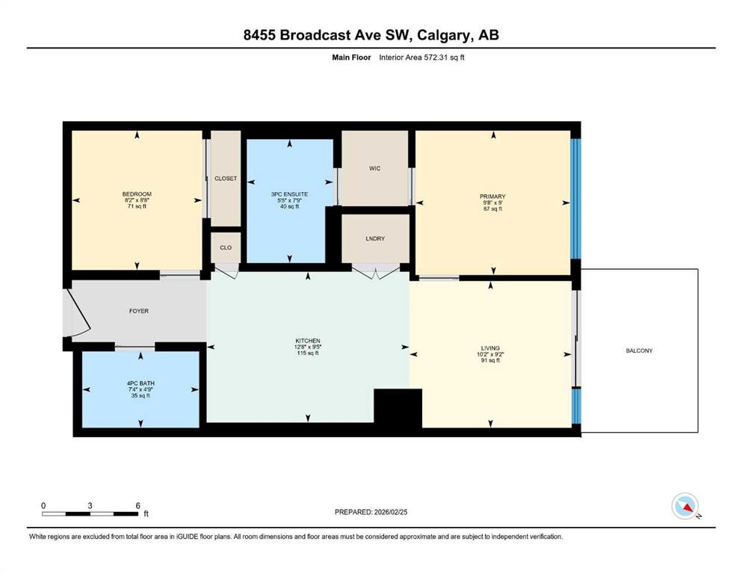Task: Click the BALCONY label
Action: point(639,351)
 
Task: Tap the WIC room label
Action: point(375,168)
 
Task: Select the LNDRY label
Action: point(375,238)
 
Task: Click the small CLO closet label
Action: point(226,247)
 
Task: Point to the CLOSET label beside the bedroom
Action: point(226,179)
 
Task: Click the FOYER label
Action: point(139,311)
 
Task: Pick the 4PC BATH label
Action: point(140,383)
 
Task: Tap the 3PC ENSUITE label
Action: point(289,194)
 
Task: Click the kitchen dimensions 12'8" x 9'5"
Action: point(308,347)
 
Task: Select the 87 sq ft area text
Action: point(492,209)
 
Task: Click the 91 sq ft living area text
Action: point(490,360)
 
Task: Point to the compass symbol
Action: point(685,506)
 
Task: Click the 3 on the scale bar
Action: point(90,505)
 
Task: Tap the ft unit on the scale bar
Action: point(146,513)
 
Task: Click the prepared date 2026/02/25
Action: point(391,512)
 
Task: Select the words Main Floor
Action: point(351,58)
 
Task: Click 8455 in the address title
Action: point(259,35)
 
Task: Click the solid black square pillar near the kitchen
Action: point(398,408)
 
